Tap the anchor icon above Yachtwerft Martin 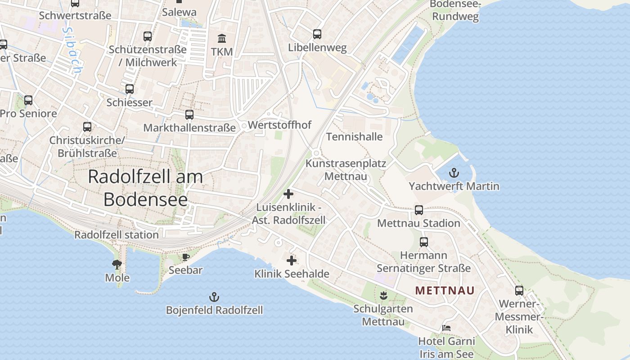454,172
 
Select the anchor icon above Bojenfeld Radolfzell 214,297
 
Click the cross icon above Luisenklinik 288,194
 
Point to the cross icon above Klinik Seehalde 292,260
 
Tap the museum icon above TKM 221,38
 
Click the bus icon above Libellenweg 317,34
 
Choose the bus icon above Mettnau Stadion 419,210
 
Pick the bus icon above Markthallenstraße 189,115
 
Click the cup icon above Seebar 185,257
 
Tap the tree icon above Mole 117,264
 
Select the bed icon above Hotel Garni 446,328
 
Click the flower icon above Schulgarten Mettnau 383,295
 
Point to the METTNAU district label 445,290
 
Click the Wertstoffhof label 279,125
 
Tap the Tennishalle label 354,136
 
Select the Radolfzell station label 116,234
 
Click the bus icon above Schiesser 130,89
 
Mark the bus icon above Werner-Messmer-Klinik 519,290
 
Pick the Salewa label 179,12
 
